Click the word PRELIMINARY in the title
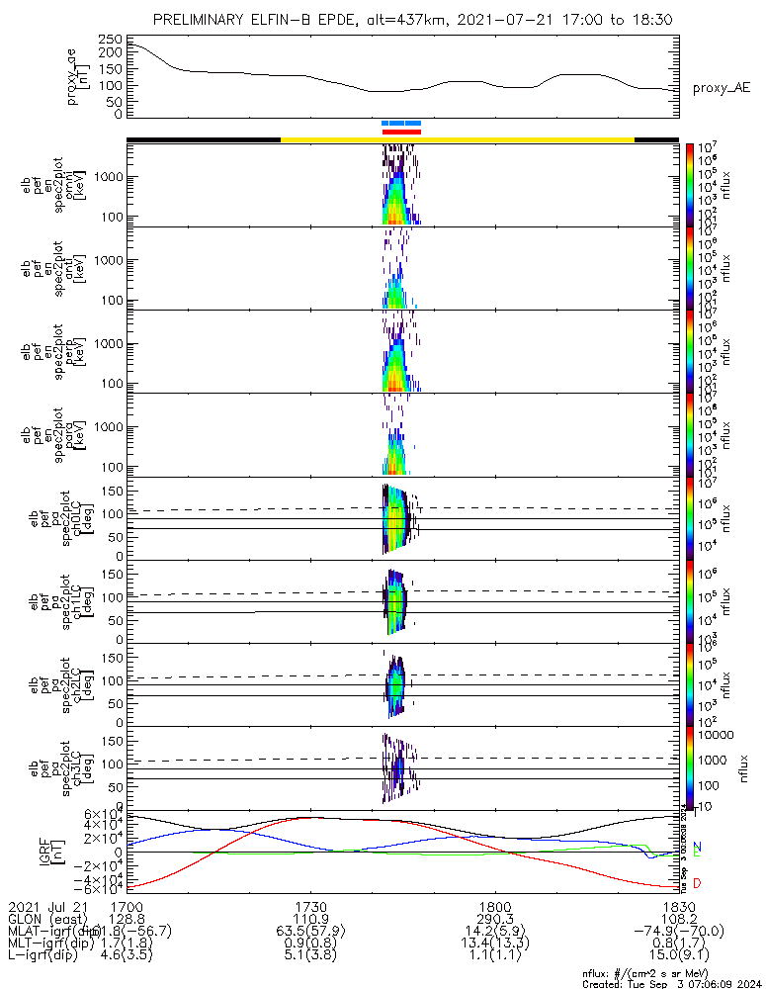204,20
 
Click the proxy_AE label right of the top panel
720,88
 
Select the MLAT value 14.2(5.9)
494,931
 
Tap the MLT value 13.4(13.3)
494,944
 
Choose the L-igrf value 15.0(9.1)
677,956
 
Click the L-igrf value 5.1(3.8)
311,956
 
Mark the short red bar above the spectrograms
401,132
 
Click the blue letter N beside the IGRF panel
697,848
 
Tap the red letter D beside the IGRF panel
697,882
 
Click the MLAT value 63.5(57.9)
311,931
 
